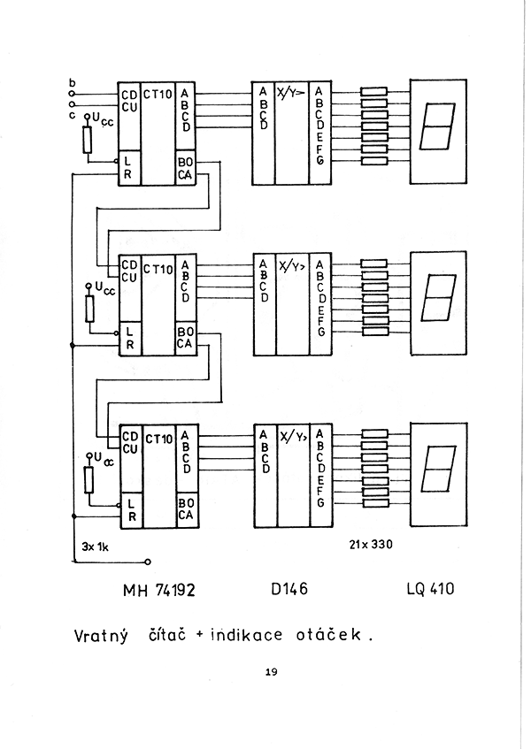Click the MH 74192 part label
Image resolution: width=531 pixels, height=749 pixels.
159,591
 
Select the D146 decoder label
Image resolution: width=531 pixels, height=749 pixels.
289,589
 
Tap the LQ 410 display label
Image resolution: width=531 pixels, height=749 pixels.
431,589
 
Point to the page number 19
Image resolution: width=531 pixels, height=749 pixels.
271,672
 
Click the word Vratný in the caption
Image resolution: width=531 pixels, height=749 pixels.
102,637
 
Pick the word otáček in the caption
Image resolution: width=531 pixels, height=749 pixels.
328,635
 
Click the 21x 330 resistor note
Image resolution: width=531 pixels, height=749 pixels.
371,544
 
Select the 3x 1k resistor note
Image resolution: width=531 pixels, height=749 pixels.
95,546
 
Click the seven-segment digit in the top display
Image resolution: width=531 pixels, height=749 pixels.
437,126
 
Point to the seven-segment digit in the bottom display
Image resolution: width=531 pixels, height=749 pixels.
439,469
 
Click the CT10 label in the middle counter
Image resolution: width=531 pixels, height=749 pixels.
158,270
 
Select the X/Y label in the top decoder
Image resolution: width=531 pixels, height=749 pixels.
290,93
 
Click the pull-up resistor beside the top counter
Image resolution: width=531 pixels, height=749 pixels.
88,140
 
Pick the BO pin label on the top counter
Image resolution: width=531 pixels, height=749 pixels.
186,163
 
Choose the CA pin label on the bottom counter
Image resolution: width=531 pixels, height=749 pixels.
186,515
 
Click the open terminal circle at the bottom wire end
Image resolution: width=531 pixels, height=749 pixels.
148,562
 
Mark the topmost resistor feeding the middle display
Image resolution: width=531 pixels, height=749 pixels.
373,264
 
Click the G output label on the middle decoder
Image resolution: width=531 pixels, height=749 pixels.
320,331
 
